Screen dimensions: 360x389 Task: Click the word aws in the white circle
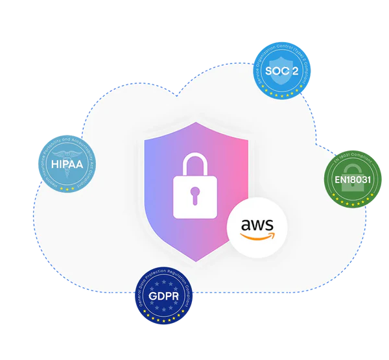coord(257,224)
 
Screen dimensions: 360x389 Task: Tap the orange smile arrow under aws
coord(257,237)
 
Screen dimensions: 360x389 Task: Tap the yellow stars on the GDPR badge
coord(162,320)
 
